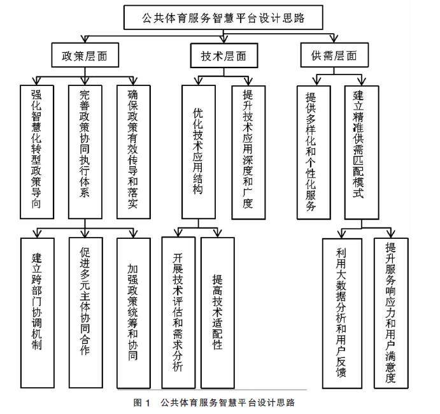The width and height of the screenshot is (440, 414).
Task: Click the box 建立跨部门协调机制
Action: click(x=36, y=312)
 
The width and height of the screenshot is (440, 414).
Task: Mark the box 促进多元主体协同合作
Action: click(x=85, y=312)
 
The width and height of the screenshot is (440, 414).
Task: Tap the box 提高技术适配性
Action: click(x=218, y=312)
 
